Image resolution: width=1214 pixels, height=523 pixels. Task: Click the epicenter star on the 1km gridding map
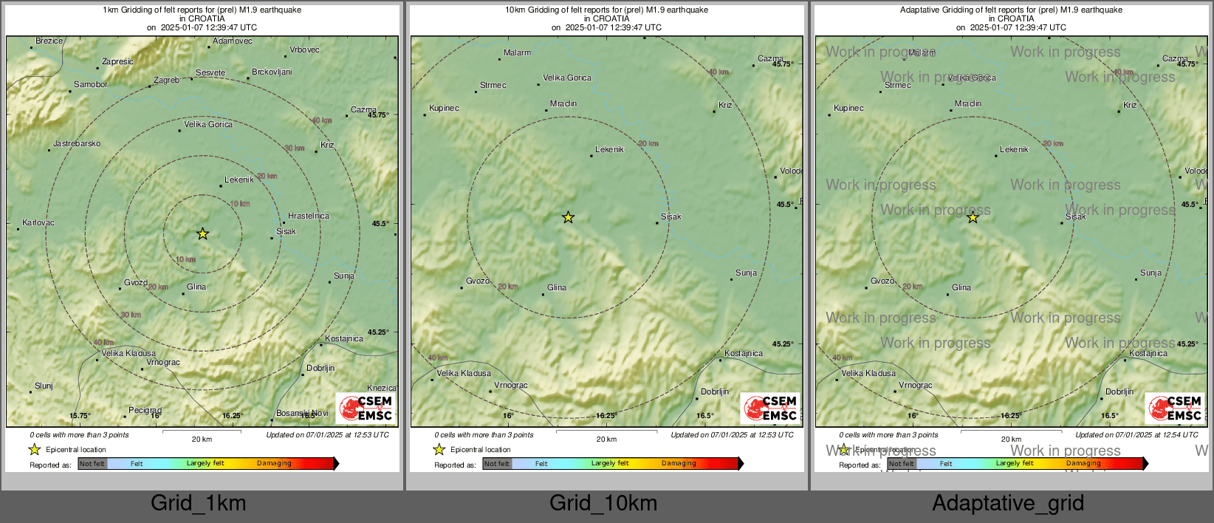pos(202,234)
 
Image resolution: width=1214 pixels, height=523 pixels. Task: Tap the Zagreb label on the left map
pos(166,81)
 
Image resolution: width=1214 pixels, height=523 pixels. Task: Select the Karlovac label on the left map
pos(38,223)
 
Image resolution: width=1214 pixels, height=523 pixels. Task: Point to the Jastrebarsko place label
pos(77,144)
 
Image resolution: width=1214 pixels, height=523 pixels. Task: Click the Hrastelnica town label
pos(309,216)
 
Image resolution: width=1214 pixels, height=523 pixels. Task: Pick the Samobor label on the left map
pos(91,85)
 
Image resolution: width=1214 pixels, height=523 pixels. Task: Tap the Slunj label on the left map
pos(44,386)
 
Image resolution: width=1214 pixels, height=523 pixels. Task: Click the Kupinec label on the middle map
pos(444,109)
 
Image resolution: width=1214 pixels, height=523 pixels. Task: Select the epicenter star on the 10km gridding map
pos(568,217)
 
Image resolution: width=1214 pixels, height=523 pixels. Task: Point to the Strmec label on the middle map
pos(493,86)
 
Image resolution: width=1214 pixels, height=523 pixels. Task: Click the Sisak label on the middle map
pos(671,217)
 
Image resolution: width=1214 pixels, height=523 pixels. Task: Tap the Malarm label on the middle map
pos(517,53)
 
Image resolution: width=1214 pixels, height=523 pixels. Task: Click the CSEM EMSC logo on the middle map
pos(769,408)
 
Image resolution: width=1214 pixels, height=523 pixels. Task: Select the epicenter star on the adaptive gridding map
pos(973,217)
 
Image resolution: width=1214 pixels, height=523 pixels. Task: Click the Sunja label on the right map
pos(1150,273)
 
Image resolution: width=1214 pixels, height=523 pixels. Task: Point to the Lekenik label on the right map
pos(1014,150)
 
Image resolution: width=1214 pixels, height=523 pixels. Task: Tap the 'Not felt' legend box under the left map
pos(92,464)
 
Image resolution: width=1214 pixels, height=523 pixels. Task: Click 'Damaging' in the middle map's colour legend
pos(679,464)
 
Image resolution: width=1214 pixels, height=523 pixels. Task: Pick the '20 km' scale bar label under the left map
pos(202,440)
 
